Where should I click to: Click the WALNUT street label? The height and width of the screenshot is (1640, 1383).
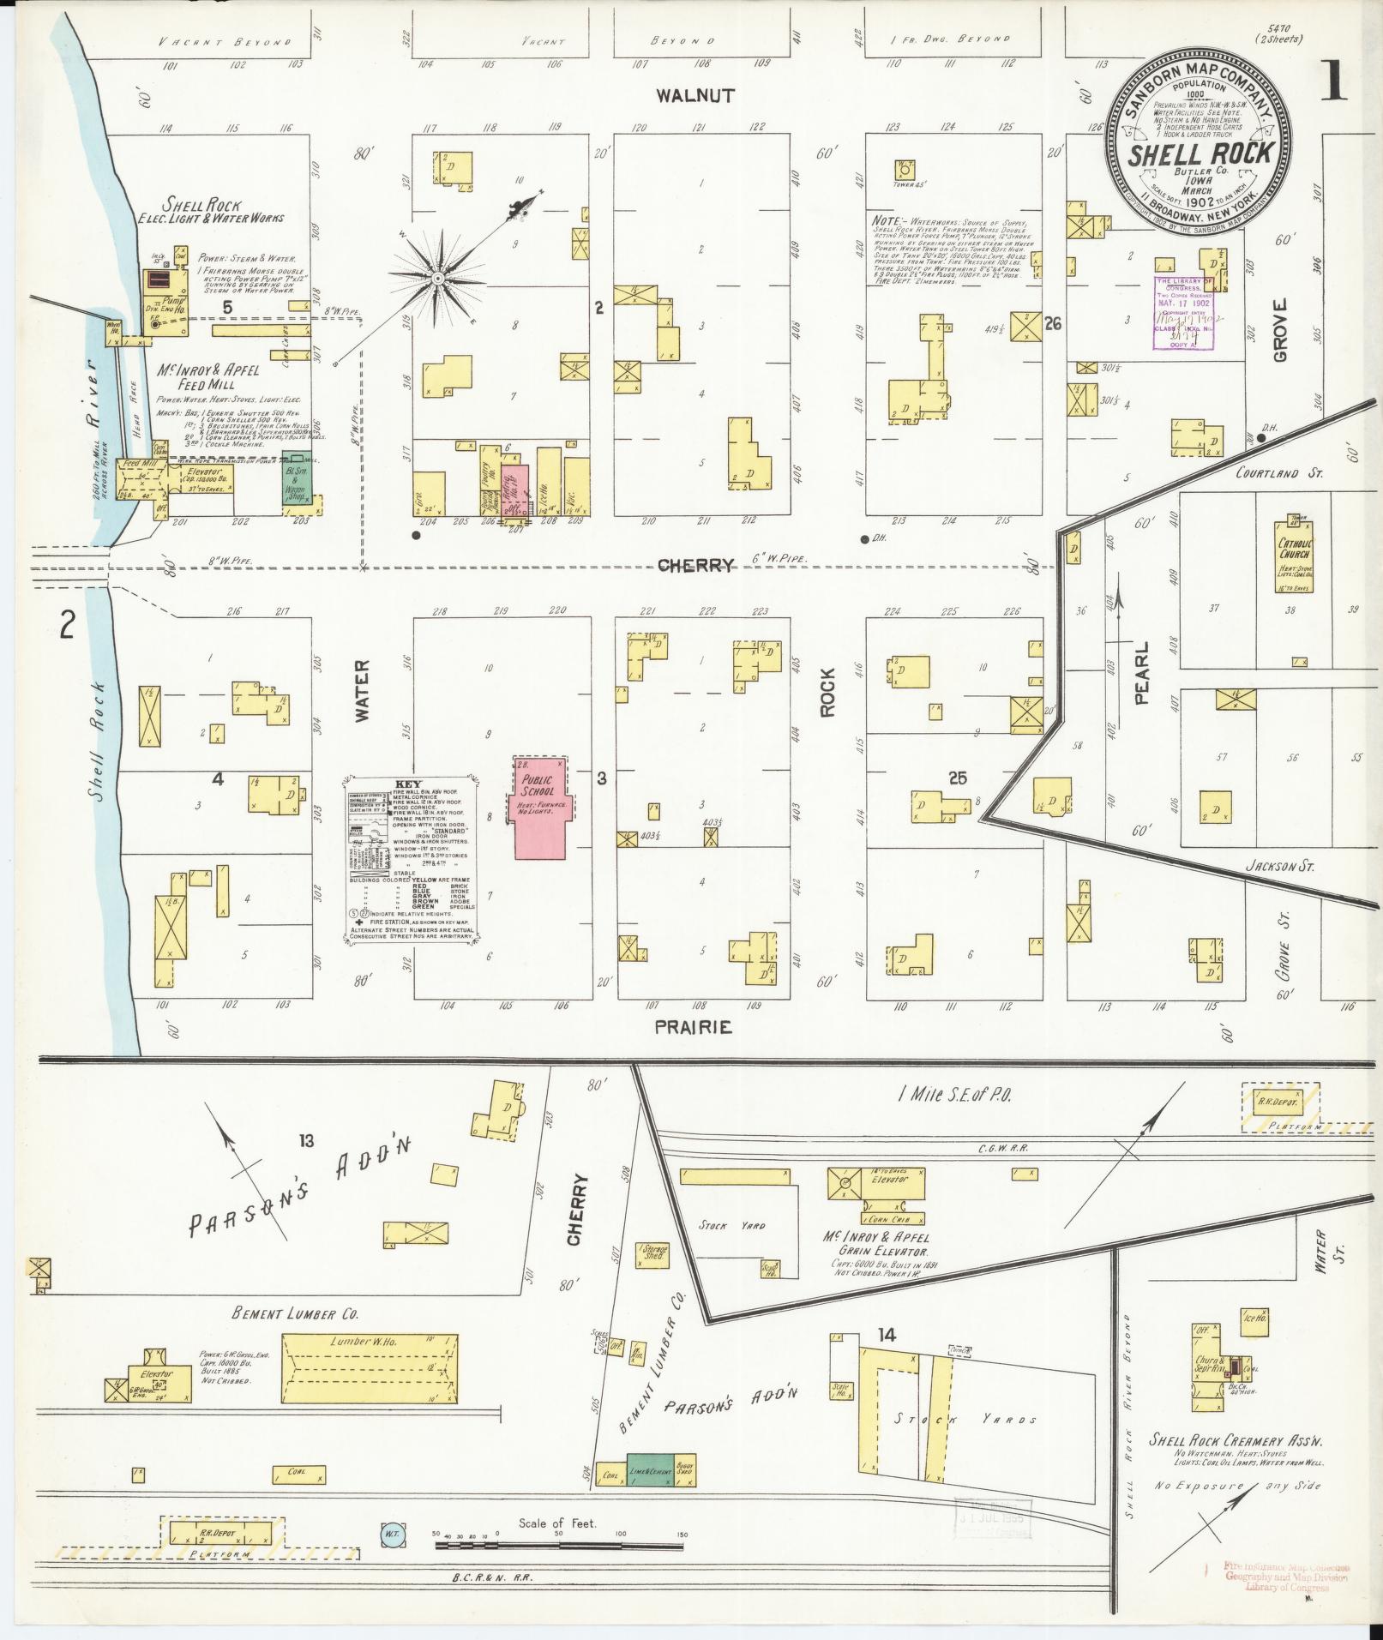tap(695, 95)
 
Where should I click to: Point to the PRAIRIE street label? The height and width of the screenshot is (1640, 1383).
tap(694, 1026)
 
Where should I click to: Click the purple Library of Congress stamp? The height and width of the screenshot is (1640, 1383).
tap(1185, 313)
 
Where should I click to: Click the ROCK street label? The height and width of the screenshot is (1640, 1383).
tap(828, 688)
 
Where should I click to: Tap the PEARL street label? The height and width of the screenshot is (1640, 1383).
tap(1141, 686)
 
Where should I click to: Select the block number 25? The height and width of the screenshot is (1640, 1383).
tap(958, 778)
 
